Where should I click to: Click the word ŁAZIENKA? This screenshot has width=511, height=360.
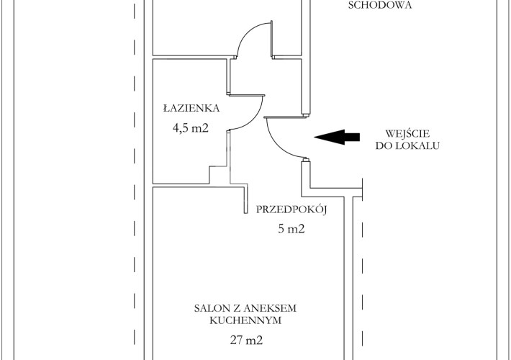click(191, 107)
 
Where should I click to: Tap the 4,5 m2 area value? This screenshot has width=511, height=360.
click(190, 128)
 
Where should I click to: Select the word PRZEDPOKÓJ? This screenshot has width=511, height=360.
click(291, 210)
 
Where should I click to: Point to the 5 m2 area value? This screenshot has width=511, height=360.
click(291, 228)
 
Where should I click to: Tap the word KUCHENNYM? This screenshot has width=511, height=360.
click(245, 320)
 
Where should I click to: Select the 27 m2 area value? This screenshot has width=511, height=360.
click(246, 341)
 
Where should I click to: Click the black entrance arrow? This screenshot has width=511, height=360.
click(337, 137)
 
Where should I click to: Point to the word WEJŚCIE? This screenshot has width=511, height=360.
click(407, 134)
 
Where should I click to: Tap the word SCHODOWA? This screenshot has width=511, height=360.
click(380, 5)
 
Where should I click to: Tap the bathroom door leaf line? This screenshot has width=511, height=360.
click(247, 96)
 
